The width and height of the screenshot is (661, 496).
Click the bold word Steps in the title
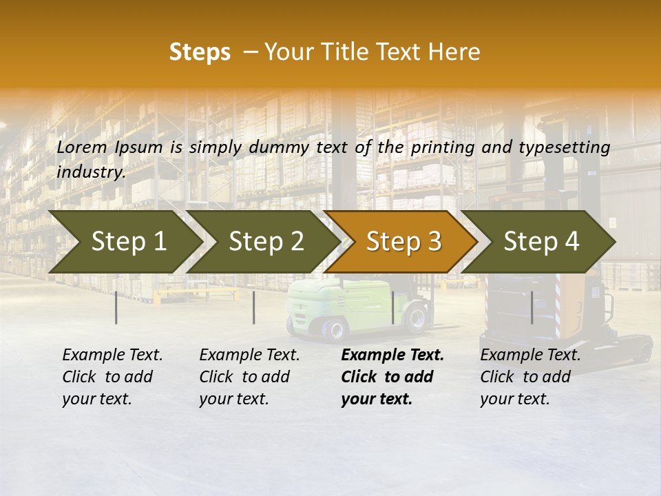point(200,52)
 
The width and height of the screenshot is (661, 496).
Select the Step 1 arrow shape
point(124,242)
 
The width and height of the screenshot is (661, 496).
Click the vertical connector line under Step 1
point(116,307)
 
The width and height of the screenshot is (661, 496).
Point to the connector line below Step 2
point(254,307)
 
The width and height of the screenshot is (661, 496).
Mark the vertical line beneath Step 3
point(392,307)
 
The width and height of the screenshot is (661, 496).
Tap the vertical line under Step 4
point(532,307)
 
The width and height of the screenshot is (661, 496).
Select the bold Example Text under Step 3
point(392,377)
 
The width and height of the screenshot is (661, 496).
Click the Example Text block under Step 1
point(112,377)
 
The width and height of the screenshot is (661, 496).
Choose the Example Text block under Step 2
point(249,377)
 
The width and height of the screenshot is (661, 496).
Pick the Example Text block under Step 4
point(530,377)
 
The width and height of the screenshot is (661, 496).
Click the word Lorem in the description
point(82,147)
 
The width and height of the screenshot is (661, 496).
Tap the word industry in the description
point(91,172)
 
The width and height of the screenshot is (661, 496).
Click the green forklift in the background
point(324,307)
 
